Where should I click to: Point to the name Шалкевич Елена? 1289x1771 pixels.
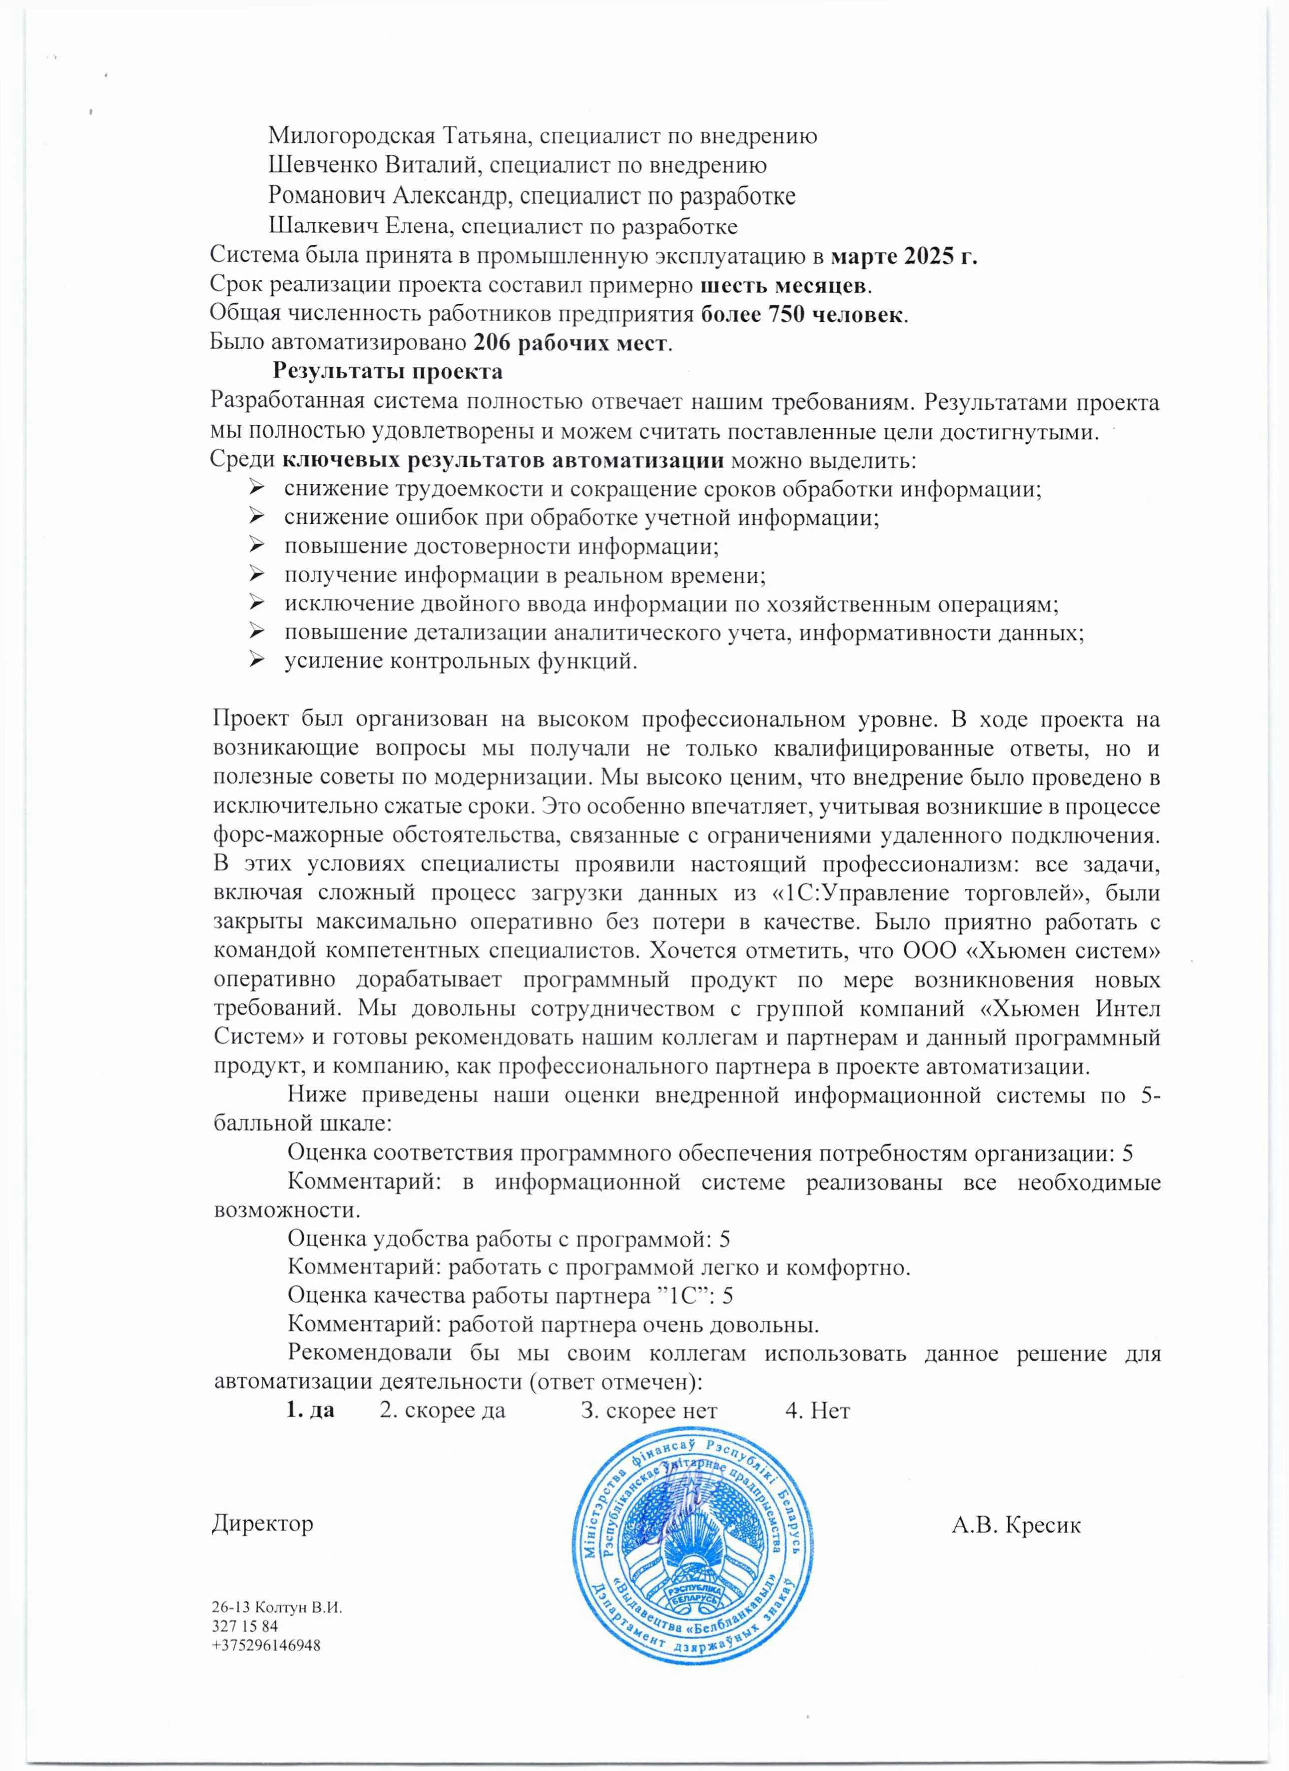point(359,226)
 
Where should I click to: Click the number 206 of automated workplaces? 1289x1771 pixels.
point(491,343)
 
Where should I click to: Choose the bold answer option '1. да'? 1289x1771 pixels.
point(310,1410)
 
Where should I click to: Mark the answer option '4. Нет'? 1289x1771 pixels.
point(817,1410)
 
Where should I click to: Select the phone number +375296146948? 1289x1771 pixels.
point(265,1645)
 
